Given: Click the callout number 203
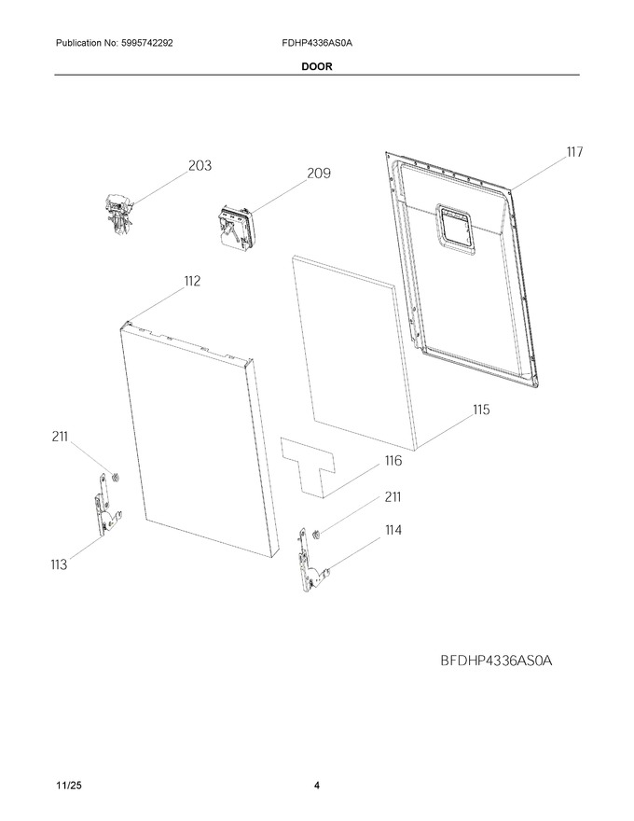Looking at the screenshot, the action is point(200,165).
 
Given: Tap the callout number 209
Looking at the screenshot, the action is point(319,174).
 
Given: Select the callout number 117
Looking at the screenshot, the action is point(574,152).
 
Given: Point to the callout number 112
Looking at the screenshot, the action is point(192,281).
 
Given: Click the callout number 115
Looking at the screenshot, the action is point(481,410).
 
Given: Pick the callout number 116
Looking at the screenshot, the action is point(393,461).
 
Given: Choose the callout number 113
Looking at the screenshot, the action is point(59,564).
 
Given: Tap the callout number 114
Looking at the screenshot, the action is point(393,530).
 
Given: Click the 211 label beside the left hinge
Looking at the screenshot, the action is point(60,437).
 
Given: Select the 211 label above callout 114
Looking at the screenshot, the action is point(393,497).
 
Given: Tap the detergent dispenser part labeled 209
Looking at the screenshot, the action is point(234,229).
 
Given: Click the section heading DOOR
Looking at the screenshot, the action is point(316,66).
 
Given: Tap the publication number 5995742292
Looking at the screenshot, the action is point(147,43).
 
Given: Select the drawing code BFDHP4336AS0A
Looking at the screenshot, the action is point(496,661).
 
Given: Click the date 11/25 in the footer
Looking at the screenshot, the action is point(68,786).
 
